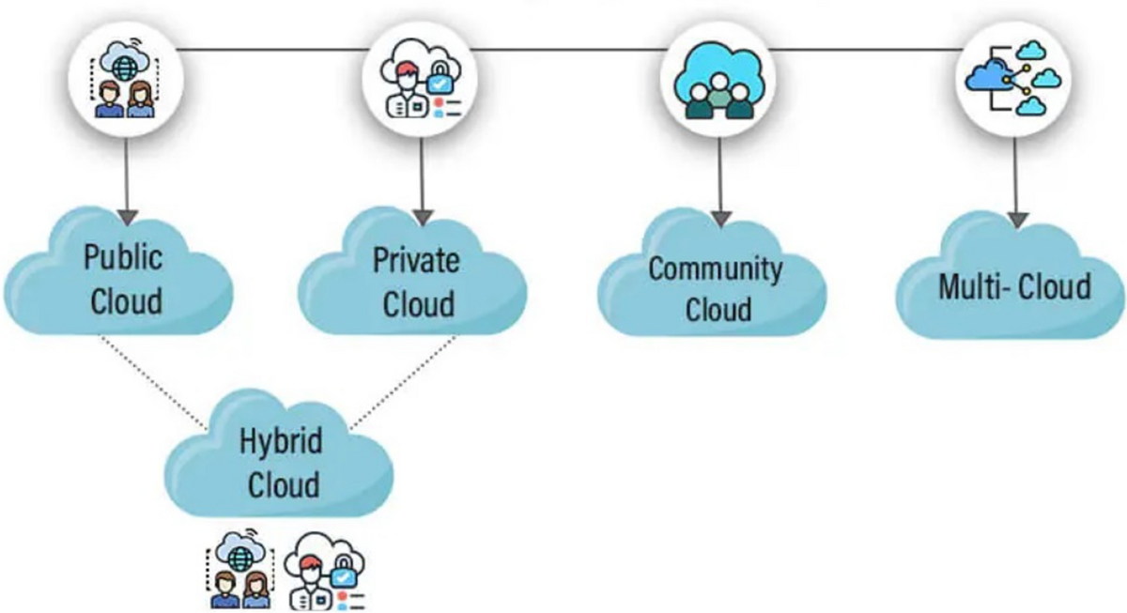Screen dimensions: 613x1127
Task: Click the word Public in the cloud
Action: coord(123,257)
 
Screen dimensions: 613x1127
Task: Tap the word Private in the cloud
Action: coord(417,259)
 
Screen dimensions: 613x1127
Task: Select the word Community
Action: coord(716,268)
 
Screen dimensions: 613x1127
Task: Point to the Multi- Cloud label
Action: coord(1014,285)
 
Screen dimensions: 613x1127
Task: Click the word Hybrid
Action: coord(281,441)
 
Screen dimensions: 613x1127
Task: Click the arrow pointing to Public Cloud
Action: coord(125,188)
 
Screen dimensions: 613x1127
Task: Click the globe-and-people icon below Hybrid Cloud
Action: coord(237,571)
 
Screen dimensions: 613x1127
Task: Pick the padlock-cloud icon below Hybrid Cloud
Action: coord(324,571)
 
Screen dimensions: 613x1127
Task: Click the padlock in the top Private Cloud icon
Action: coord(437,80)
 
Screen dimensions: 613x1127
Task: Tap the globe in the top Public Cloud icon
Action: coord(125,67)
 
